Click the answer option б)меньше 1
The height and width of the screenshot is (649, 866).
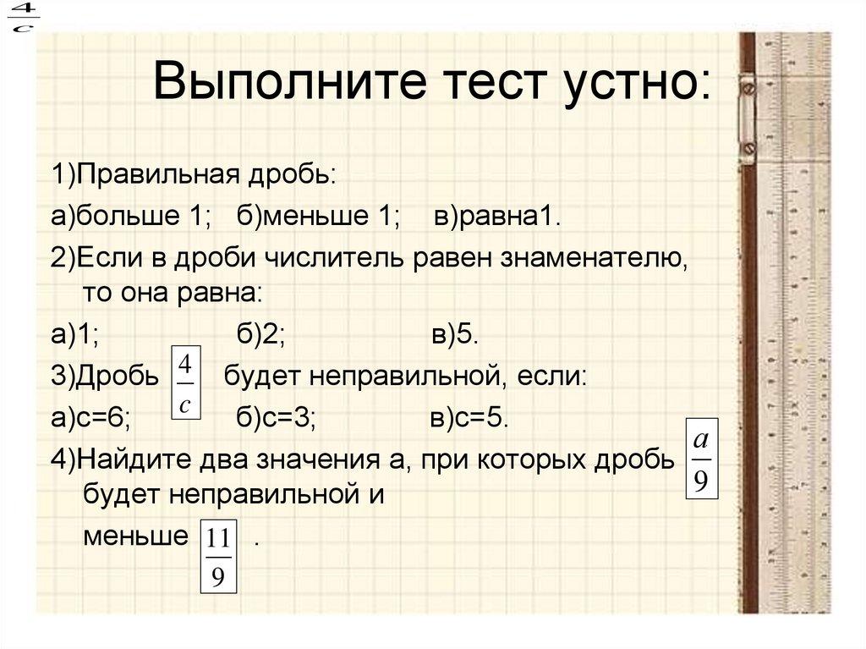click(x=319, y=217)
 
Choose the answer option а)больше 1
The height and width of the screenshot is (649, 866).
click(x=130, y=217)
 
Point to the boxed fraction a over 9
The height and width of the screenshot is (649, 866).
click(x=700, y=464)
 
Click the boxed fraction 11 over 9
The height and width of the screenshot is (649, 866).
click(x=217, y=557)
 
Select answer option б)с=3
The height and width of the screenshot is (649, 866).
click(x=276, y=419)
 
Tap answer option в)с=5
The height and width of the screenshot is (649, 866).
click(x=469, y=419)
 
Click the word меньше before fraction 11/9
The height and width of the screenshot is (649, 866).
click(x=134, y=537)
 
